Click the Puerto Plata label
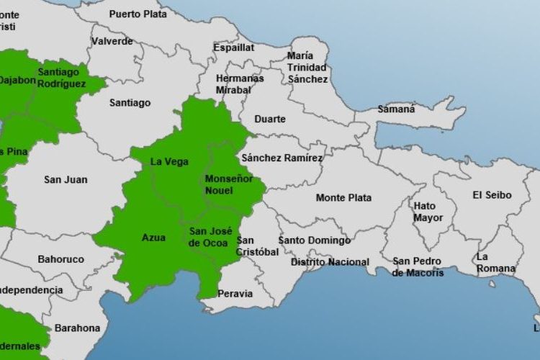138,14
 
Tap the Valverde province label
112,41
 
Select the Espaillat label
233,48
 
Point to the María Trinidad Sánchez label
307,67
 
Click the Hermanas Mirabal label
240,84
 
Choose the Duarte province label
270,119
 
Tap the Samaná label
397,109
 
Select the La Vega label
169,162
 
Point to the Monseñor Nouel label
229,184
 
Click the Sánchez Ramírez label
283,158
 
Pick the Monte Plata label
343,197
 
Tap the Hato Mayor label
424,212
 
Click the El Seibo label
492,195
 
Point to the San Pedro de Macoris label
418,266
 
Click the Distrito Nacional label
330,262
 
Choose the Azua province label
153,237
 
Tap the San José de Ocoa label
210,237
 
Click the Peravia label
235,294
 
